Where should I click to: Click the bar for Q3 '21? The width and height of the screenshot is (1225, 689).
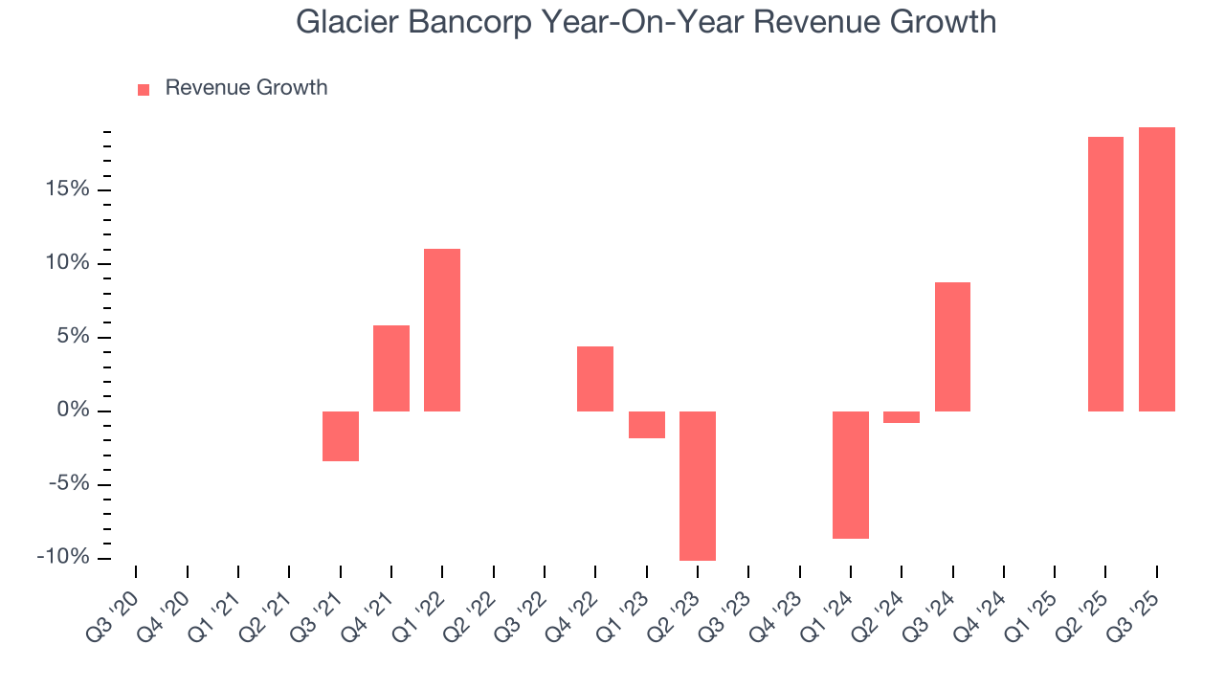tap(341, 436)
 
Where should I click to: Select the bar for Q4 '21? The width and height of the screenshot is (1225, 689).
tap(391, 368)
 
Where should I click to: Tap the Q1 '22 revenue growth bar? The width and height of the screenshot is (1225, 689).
tap(442, 330)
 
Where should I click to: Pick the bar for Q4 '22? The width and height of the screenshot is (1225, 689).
tap(595, 379)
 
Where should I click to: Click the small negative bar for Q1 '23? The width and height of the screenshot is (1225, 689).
tap(646, 425)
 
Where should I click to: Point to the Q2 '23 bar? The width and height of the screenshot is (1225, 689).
tap(698, 486)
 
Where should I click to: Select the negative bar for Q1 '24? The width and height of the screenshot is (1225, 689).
tap(851, 475)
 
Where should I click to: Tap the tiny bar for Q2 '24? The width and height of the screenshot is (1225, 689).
tap(902, 417)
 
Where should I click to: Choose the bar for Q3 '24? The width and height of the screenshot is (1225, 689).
tap(952, 346)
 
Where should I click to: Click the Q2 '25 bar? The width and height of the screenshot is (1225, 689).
tap(1105, 274)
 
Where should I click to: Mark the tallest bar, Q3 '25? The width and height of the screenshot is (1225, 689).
tap(1156, 269)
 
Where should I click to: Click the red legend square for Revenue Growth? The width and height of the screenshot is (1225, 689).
tap(144, 89)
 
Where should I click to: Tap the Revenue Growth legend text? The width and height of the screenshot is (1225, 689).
tap(246, 88)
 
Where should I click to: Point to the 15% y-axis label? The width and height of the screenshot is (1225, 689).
tap(66, 189)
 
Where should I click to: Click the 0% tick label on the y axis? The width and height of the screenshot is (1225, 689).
tap(72, 411)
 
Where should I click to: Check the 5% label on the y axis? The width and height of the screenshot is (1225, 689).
tap(72, 337)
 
